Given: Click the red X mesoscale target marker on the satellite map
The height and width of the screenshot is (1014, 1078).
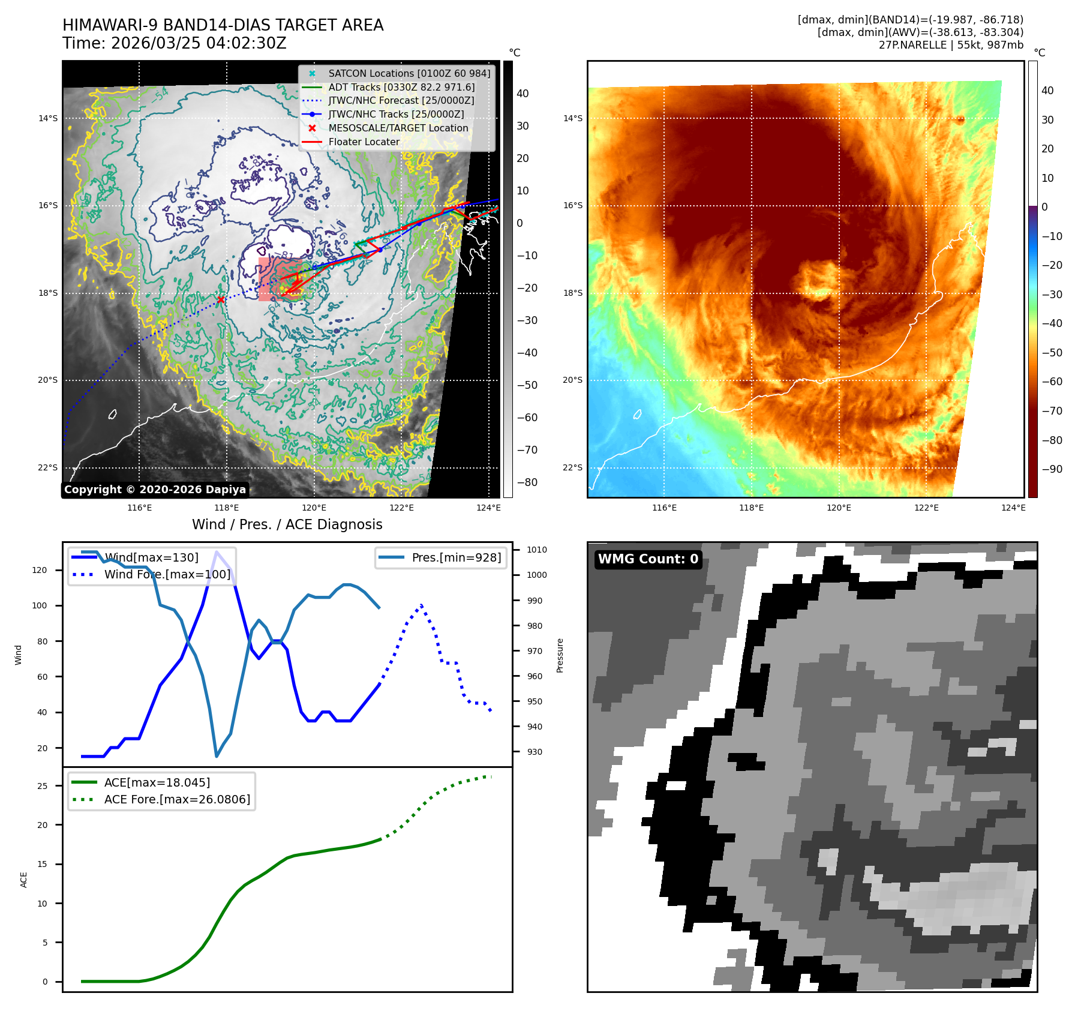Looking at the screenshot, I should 221,299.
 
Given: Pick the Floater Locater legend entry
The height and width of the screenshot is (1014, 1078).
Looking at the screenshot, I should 364,142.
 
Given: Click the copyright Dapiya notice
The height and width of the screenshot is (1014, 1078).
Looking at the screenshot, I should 155,490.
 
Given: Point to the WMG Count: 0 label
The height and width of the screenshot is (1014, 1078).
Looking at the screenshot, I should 648,559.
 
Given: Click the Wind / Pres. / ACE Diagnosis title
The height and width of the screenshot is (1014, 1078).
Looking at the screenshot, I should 287,524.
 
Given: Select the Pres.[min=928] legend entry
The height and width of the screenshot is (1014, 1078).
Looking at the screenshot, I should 456,557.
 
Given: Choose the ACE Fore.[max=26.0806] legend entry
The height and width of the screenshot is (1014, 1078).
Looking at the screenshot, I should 177,799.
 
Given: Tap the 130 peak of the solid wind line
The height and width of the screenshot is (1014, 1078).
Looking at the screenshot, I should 216,551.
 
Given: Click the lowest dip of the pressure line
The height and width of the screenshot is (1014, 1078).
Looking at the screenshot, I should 217,756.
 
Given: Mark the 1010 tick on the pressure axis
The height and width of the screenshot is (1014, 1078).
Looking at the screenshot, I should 536,550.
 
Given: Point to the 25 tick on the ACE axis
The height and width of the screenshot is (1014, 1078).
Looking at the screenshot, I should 43,786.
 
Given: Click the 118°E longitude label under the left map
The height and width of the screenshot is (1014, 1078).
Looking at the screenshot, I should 226,508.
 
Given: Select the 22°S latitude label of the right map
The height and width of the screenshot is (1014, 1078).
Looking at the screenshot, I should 572,467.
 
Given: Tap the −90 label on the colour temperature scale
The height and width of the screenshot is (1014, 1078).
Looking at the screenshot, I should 1052,469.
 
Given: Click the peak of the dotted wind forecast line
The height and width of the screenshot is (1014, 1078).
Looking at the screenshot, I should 421,605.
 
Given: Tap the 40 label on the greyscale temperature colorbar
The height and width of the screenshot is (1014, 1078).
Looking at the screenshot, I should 523,94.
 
